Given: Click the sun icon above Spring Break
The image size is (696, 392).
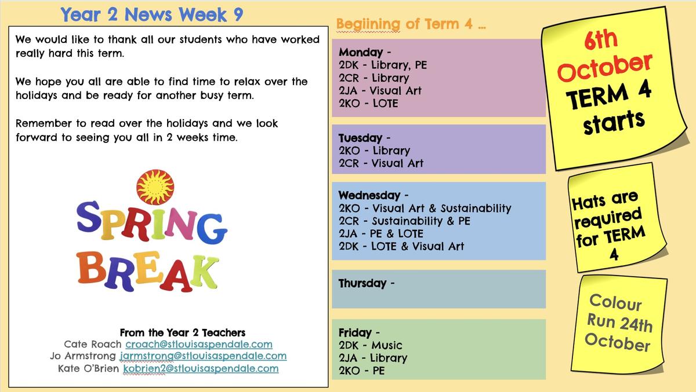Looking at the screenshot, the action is (x=155, y=187).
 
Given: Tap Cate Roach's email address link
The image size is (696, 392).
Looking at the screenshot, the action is (x=199, y=345).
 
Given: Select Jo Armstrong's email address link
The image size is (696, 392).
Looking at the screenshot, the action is (x=203, y=356).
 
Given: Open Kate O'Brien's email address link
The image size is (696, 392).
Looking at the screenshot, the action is (x=201, y=368).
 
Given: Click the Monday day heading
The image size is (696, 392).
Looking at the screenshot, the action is (x=360, y=52).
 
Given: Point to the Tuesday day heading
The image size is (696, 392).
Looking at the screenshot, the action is (x=360, y=138).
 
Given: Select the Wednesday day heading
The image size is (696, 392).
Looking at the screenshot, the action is (x=369, y=195).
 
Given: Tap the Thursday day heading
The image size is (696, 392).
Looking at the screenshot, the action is (x=362, y=283).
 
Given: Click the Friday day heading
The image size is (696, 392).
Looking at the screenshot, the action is (x=355, y=332).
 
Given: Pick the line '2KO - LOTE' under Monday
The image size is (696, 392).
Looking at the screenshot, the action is (x=368, y=103).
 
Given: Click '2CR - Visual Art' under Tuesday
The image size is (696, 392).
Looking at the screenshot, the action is (x=381, y=163).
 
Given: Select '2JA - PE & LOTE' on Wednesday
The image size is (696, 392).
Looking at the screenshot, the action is (x=381, y=233).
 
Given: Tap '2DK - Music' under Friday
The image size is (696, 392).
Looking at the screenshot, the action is (x=371, y=345).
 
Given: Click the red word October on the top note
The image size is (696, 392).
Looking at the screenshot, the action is (x=604, y=68).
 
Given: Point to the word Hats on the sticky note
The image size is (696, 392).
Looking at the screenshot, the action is (x=589, y=202).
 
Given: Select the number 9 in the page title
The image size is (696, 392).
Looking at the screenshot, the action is (x=238, y=14).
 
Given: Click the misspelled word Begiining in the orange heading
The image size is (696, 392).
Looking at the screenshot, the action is (x=368, y=24).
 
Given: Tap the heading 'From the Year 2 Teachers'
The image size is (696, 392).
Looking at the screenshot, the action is (x=183, y=333).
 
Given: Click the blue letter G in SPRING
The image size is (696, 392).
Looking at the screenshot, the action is (x=212, y=228).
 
